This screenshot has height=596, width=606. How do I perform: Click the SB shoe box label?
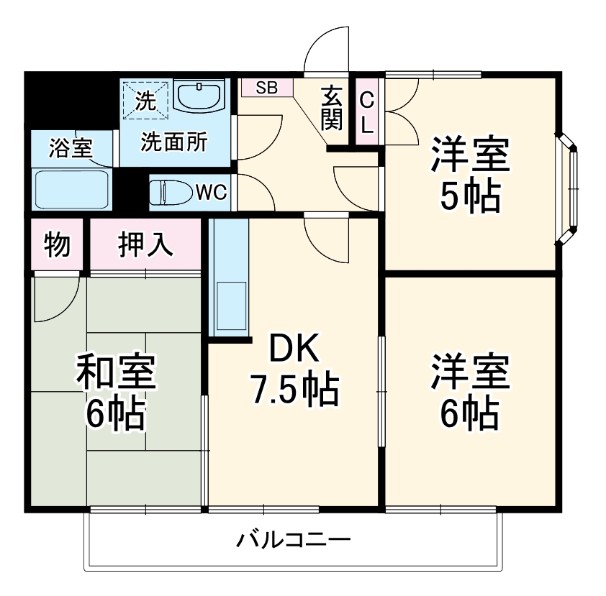[x=266, y=88]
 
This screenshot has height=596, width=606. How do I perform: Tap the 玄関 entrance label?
[x=332, y=108]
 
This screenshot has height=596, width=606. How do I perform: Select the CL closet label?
[x=367, y=112]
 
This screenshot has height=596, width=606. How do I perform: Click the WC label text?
[x=211, y=192]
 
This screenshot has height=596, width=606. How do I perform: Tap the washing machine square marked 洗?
[x=145, y=100]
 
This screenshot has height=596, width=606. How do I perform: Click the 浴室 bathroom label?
[x=70, y=148]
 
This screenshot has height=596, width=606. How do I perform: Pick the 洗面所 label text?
[x=173, y=142]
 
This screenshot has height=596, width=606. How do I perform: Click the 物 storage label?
[x=57, y=244]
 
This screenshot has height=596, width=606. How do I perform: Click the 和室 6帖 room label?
[x=115, y=393]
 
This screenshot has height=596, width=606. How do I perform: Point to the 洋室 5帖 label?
[x=470, y=175]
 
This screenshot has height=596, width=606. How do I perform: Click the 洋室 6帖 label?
[x=470, y=392]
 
